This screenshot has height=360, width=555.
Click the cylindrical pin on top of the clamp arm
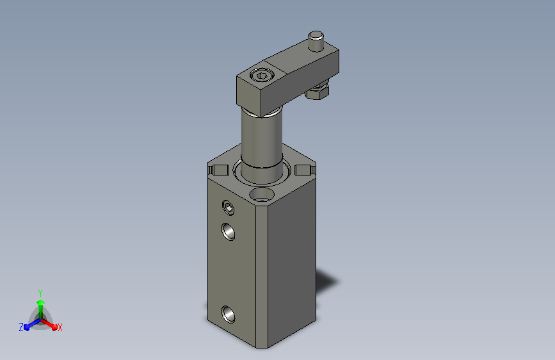coord(316,41)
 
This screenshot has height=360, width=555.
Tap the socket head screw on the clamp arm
coord(261,76)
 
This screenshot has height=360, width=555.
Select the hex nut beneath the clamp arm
coord(318,91)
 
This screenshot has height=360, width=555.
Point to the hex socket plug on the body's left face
coord(229,208)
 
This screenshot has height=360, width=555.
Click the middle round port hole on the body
coord(229,232)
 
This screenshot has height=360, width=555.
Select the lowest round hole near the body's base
coord(229,315)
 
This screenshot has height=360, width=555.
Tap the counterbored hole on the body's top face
coord(262,195)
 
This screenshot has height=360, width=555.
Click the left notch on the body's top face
coord(218,170)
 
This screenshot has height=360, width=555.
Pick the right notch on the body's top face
coord(305,170)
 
